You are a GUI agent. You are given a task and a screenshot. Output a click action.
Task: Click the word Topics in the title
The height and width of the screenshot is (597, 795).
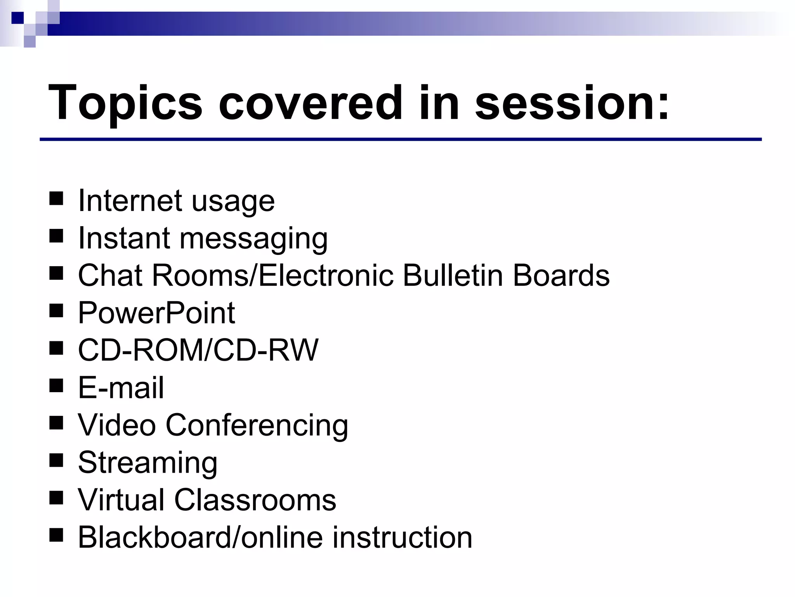(x=125, y=103)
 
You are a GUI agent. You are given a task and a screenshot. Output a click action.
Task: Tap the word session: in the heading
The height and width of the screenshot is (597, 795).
(x=572, y=103)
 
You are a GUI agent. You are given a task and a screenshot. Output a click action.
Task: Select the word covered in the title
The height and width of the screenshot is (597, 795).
(x=310, y=103)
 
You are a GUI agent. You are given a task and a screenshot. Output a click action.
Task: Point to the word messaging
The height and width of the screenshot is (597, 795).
(x=253, y=239)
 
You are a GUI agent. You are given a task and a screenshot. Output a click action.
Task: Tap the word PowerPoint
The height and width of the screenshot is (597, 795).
(x=156, y=313)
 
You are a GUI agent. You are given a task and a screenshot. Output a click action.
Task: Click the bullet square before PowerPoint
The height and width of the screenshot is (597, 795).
(x=56, y=311)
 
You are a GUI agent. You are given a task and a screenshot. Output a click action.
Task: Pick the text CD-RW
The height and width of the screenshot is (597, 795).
(x=266, y=350)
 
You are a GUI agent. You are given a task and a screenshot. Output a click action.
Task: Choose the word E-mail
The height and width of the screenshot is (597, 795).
(x=121, y=388)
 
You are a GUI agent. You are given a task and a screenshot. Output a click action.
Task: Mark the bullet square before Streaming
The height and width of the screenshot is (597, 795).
(x=56, y=460)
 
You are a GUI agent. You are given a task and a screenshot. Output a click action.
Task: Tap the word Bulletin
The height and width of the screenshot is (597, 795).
(x=453, y=276)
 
